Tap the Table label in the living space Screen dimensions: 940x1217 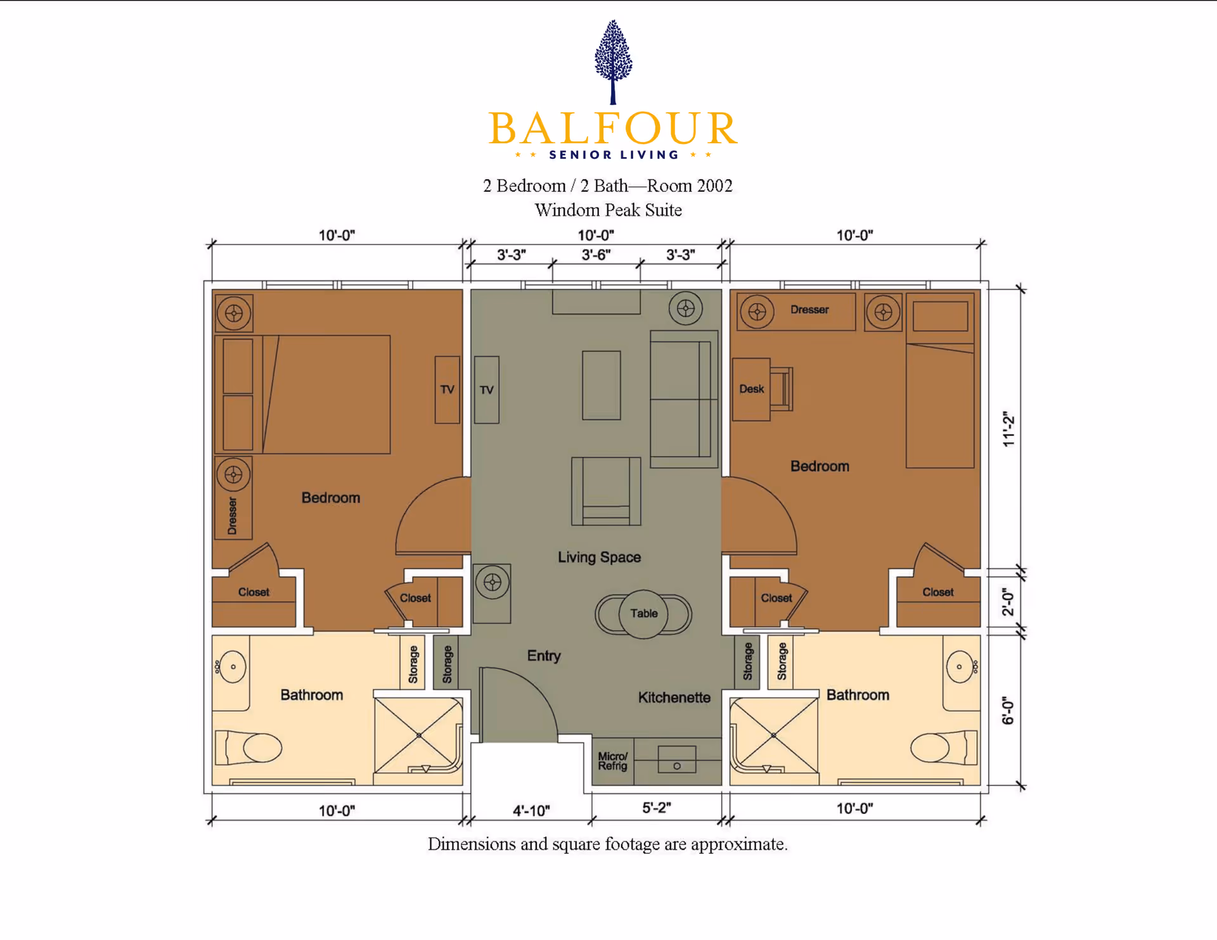coord(643,613)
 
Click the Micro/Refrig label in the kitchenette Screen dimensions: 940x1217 coord(612,761)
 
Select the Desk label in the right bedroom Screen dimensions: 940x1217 coord(751,389)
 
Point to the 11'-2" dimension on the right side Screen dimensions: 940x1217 coord(1008,429)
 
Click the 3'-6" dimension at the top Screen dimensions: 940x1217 coord(596,255)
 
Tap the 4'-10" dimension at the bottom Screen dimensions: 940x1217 coord(531,810)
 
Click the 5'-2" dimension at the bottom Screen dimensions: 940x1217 coord(656,808)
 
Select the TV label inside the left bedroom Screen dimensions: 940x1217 coord(447,390)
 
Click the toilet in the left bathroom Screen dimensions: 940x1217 coord(250,748)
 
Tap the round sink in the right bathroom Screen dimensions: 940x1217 coord(959,666)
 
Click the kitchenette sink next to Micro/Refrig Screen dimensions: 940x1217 coord(676,759)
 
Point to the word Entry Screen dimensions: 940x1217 coord(544,656)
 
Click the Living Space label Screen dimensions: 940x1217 coord(599,557)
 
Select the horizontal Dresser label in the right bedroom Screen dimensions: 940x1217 coord(809,310)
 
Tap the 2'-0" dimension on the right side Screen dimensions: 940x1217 coord(1008,601)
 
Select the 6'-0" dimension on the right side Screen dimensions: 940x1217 coord(1008,711)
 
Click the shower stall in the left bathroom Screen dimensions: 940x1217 coord(418,735)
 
